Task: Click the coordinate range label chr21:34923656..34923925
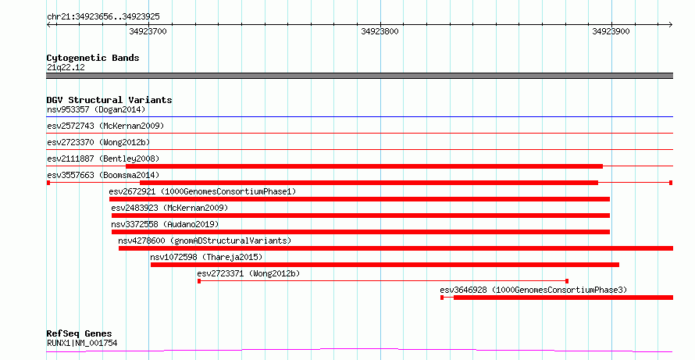[x=103, y=17]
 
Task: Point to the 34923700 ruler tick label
[x=148, y=31]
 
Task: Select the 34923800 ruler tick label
[x=380, y=31]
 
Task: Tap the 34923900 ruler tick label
[x=611, y=31]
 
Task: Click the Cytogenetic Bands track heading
[x=93, y=58]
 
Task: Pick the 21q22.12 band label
[x=66, y=68]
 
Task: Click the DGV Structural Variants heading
[x=109, y=100]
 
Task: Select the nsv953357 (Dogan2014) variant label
[x=96, y=109]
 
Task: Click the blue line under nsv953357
[x=359, y=117]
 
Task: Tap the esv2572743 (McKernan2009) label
[x=105, y=126]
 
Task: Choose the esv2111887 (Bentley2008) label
[x=103, y=159]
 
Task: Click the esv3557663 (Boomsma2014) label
[x=103, y=175]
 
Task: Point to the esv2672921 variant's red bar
[x=359, y=199]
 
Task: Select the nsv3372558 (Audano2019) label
[x=165, y=224]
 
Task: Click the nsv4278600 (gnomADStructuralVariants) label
[x=205, y=241]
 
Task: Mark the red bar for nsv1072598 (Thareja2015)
[x=385, y=265]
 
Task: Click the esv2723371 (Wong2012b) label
[x=248, y=273]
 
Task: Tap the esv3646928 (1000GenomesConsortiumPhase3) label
[x=533, y=290]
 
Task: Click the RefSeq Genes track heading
[x=80, y=334]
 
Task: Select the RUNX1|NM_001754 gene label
[x=82, y=343]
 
